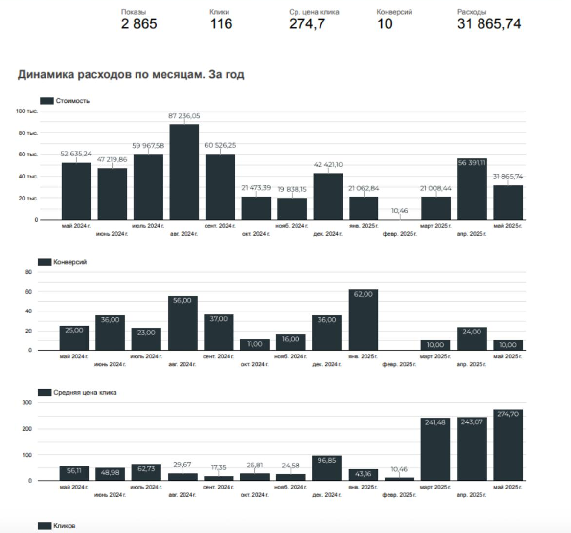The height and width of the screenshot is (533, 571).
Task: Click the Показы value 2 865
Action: point(139,23)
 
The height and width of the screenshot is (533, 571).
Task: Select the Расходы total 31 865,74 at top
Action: point(489,23)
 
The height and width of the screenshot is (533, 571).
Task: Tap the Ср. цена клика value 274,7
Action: point(307,23)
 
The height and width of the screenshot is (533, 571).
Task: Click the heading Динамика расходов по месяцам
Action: point(131,75)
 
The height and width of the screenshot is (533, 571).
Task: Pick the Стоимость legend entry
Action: point(65,101)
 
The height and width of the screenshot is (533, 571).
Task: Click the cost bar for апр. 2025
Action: point(472,191)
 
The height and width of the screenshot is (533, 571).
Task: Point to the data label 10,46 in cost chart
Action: point(399,211)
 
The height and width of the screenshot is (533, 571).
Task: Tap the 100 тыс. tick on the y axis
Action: point(26,111)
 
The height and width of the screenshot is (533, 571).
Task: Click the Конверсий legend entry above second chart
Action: point(63,262)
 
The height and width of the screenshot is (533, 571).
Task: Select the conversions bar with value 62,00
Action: point(363,320)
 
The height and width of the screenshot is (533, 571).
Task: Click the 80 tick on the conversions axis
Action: point(28,272)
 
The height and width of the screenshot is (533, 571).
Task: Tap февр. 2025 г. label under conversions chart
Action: point(399,364)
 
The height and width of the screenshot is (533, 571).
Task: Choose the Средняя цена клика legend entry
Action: point(78,392)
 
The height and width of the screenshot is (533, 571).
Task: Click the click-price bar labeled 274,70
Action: point(508,445)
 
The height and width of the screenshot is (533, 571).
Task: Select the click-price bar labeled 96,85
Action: point(326,468)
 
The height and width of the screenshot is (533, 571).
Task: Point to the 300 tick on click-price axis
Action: point(27,402)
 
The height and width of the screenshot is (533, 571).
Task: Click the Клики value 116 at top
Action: point(221,23)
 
